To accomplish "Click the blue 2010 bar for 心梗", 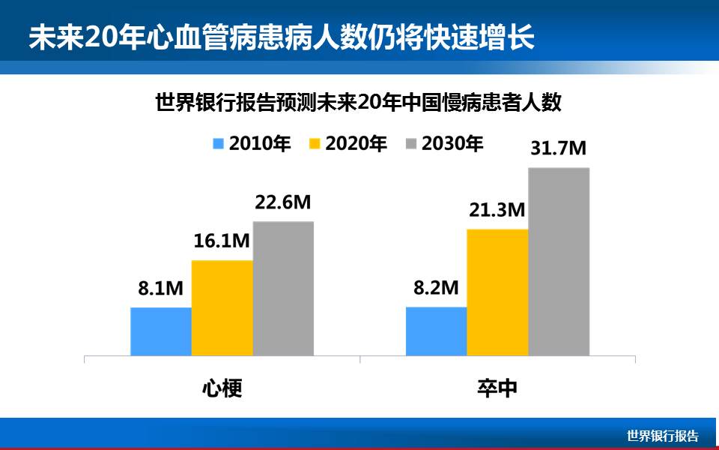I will pyautogui.click(x=161, y=331).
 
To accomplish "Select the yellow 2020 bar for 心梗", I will pyautogui.click(x=222, y=307).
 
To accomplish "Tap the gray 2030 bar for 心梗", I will pyautogui.click(x=283, y=288).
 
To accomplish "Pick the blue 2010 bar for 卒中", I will pyautogui.click(x=436, y=331).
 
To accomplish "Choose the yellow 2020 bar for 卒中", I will pyautogui.click(x=497, y=292).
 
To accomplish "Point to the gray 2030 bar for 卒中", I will pyautogui.click(x=559, y=261).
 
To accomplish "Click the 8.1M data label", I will pyautogui.click(x=160, y=288).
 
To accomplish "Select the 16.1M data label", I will pyautogui.click(x=221, y=241).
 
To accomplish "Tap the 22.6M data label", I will pyautogui.click(x=282, y=202).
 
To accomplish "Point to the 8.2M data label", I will pyautogui.click(x=435, y=287).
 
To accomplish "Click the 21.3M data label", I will pyautogui.click(x=497, y=210).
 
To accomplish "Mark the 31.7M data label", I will pyautogui.click(x=558, y=148).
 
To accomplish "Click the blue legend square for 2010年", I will pyautogui.click(x=219, y=144).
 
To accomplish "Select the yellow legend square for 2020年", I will pyautogui.click(x=314, y=144).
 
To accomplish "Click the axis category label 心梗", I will pyautogui.click(x=222, y=388).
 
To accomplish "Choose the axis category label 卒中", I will pyautogui.click(x=497, y=388).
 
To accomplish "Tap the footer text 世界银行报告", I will pyautogui.click(x=662, y=436).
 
